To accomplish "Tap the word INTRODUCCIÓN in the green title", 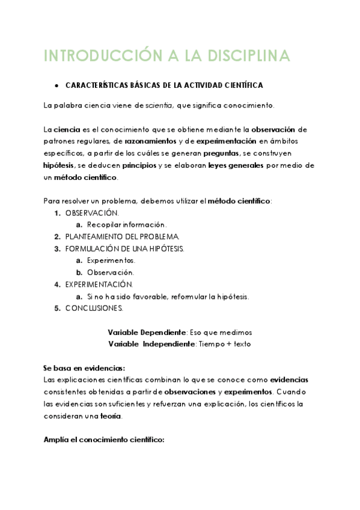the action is (x=96, y=56).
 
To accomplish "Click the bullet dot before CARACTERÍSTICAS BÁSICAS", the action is (x=55, y=86).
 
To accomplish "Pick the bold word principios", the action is (x=139, y=165).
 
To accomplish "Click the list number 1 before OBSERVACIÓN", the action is (x=57, y=212).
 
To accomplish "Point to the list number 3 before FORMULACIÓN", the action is (x=57, y=248).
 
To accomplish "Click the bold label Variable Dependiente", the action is (x=147, y=332).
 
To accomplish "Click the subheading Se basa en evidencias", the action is (x=84, y=368).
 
